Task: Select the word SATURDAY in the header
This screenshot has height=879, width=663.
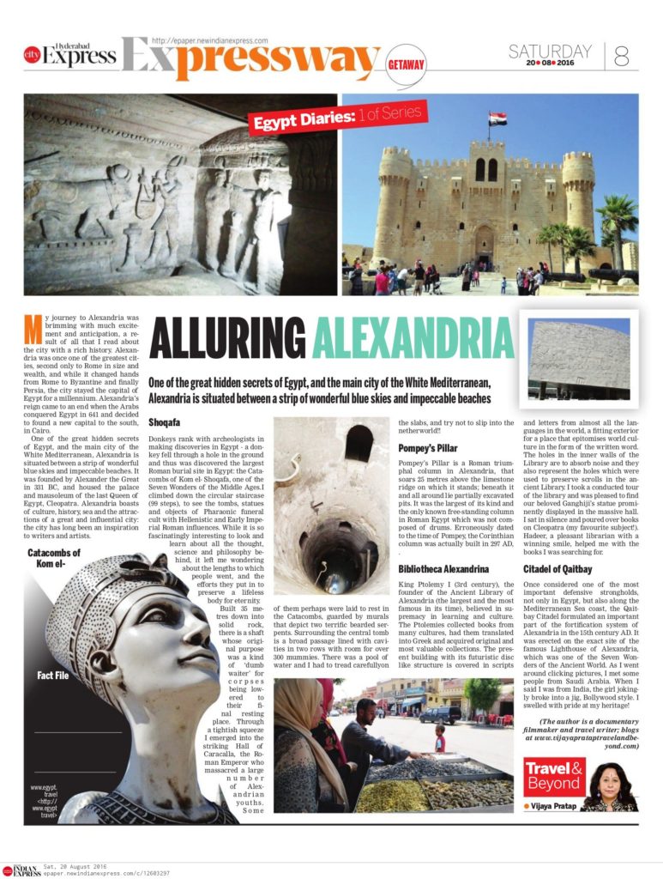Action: pyautogui.click(x=550, y=51)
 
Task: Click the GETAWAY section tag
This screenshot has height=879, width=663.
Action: pyautogui.click(x=406, y=65)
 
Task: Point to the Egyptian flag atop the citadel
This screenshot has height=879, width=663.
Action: pyautogui.click(x=497, y=118)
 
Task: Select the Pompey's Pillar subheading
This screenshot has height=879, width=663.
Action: pyautogui.click(x=428, y=448)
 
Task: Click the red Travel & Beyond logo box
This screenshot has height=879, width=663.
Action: pyautogui.click(x=554, y=778)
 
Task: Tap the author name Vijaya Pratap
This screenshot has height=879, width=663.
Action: pyautogui.click(x=554, y=806)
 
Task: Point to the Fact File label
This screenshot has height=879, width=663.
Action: pyautogui.click(x=53, y=676)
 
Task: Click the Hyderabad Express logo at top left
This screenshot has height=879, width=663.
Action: pyautogui.click(x=70, y=54)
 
